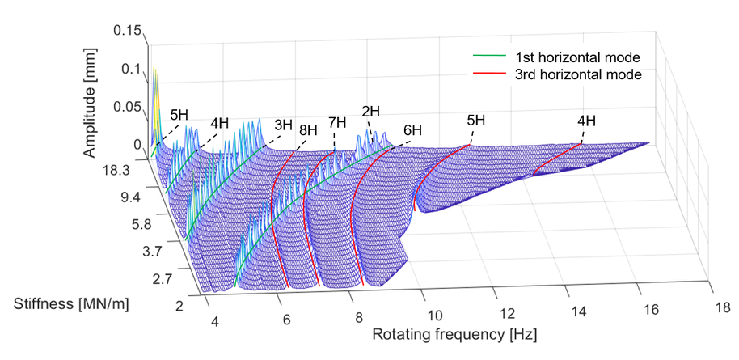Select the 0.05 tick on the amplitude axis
point(129,107)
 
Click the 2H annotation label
point(372,112)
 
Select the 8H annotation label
point(307,129)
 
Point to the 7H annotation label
point(337,123)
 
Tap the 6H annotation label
point(412,129)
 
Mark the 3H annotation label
point(283,125)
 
